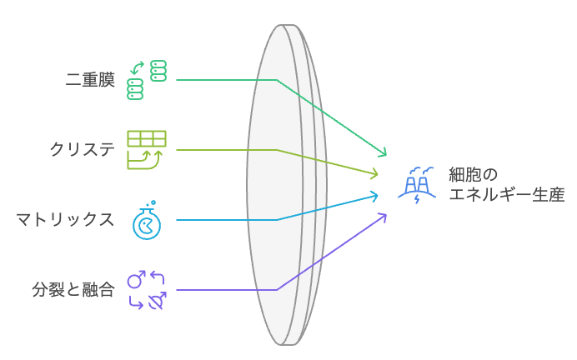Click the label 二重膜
(x=90, y=80)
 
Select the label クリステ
(x=82, y=150)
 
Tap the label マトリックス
(x=65, y=220)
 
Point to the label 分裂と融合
(x=73, y=290)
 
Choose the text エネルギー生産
(x=506, y=196)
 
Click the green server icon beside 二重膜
(x=147, y=80)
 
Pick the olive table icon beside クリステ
(x=147, y=149)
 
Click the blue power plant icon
(x=416, y=184)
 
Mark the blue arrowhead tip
(x=379, y=196)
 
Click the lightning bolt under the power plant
(x=418, y=199)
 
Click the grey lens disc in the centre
(x=279, y=183)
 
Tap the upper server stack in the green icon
(x=158, y=70)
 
